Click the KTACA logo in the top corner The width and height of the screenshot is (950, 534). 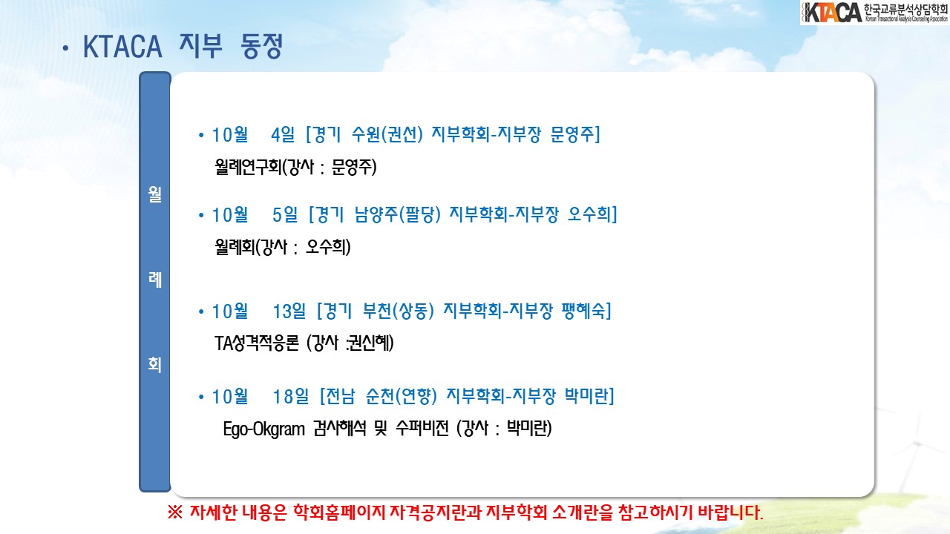(874, 13)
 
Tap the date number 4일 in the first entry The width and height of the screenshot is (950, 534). (283, 135)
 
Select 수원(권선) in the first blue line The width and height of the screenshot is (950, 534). (387, 135)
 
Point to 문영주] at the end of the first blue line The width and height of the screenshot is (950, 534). (575, 135)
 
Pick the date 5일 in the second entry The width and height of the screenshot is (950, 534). (285, 214)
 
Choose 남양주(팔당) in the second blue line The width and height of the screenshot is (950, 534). (398, 214)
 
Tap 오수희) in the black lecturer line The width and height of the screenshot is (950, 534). (328, 247)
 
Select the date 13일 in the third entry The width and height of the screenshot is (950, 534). (289, 311)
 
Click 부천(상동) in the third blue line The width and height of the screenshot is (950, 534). (399, 311)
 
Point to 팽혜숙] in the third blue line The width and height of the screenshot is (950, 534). (586, 311)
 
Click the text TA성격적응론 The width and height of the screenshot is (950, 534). (257, 343)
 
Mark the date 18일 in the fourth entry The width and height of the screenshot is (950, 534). (291, 397)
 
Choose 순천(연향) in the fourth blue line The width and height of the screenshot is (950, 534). (402, 397)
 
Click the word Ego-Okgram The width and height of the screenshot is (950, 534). (263, 429)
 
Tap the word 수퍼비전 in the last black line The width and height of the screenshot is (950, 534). (422, 429)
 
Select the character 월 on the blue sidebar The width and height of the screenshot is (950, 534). (155, 194)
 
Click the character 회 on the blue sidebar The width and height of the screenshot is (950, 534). (155, 364)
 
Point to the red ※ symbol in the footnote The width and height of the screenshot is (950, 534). (174, 512)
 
